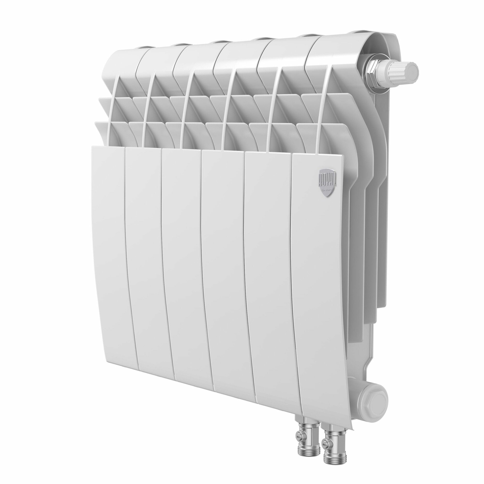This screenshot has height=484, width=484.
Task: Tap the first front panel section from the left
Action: (x=113, y=250)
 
